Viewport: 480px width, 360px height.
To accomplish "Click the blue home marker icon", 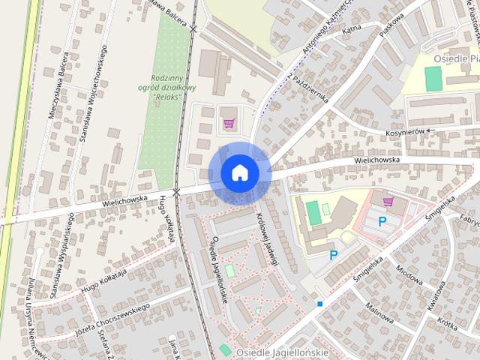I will (240, 173).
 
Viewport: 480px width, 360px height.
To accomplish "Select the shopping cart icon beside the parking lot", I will (388, 201).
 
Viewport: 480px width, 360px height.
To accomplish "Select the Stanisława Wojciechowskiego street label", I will (93, 93).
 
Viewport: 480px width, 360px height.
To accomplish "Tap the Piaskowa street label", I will (391, 28).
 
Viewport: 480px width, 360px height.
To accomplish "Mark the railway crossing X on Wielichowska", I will (176, 193).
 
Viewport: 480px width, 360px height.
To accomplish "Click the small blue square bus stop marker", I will (319, 304).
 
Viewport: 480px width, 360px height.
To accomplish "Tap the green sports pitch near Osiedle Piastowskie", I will (433, 79).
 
